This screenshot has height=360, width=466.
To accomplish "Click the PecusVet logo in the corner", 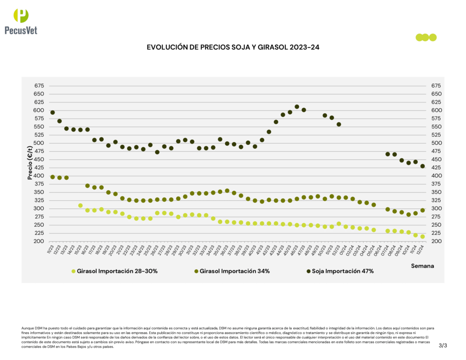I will pyautogui.click(x=20, y=21).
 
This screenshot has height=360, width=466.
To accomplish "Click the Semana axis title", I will pyautogui.click(x=422, y=265).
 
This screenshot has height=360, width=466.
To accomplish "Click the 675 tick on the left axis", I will pyautogui.click(x=39, y=86).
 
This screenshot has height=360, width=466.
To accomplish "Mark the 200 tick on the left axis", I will pyautogui.click(x=39, y=241).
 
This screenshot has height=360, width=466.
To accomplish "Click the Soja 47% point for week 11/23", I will pyautogui.click(x=52, y=112).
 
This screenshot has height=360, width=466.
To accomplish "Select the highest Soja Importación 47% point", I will pyautogui.click(x=297, y=107).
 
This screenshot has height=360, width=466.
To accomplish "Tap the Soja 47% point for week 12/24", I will pyautogui.click(x=422, y=166).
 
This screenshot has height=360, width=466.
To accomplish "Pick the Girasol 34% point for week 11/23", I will pyautogui.click(x=52, y=177).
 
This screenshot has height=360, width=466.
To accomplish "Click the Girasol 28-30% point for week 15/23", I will pyautogui.click(x=81, y=206).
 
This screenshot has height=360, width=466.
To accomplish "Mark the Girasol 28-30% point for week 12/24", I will pyautogui.click(x=422, y=237).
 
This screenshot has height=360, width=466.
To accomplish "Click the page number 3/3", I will pyautogui.click(x=443, y=345).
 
